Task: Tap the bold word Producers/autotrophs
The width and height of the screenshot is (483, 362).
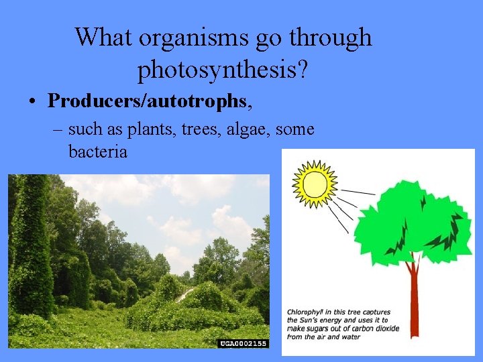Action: tap(147, 101)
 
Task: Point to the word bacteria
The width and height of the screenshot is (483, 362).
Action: tap(97, 152)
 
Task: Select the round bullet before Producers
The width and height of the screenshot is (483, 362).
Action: tap(32, 103)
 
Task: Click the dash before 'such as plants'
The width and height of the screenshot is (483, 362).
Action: tap(58, 129)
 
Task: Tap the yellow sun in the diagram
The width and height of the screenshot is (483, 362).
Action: tap(313, 184)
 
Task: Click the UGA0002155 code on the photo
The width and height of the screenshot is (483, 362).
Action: tap(243, 343)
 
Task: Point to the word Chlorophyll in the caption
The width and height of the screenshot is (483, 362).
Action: tap(306, 312)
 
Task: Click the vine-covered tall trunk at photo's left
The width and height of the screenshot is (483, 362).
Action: tap(30, 248)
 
